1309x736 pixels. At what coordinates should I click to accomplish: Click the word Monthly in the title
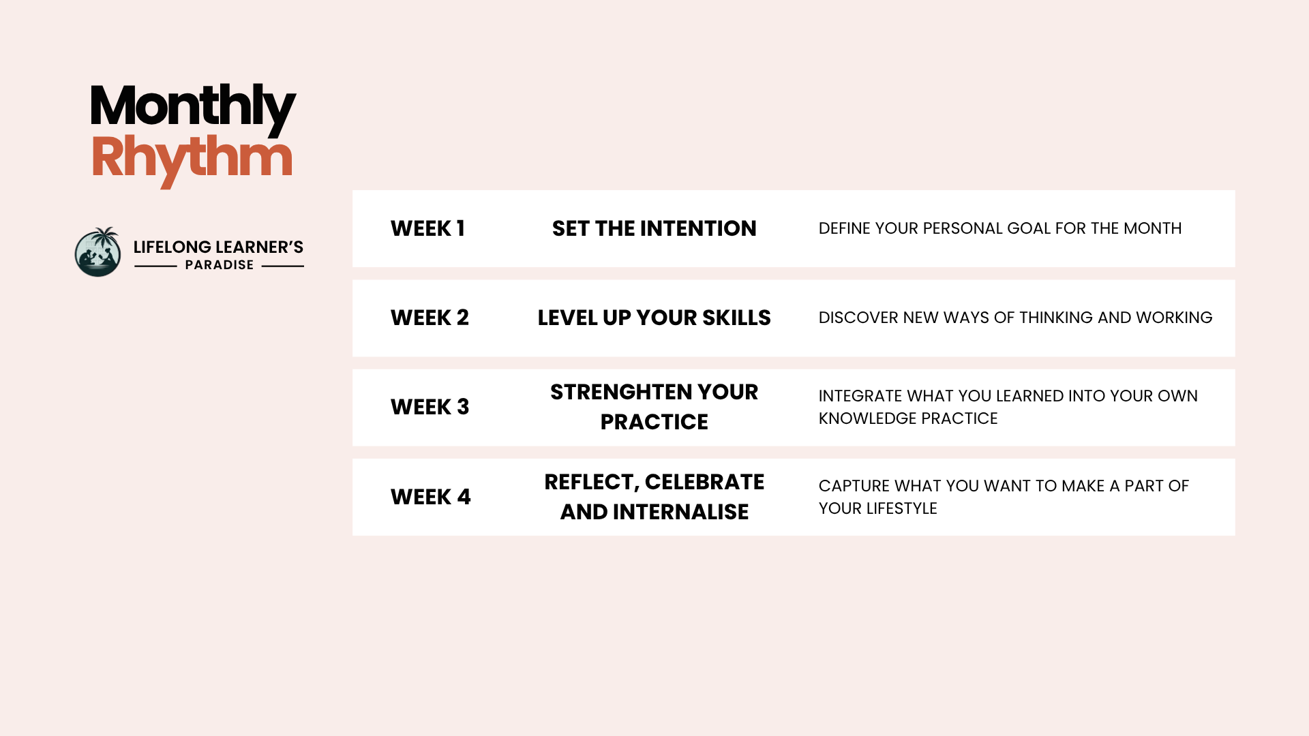pyautogui.click(x=193, y=108)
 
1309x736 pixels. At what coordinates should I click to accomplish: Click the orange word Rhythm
pyautogui.click(x=192, y=159)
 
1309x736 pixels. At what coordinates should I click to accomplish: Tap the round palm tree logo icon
pyautogui.click(x=98, y=251)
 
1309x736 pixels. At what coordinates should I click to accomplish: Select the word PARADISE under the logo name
pyautogui.click(x=220, y=265)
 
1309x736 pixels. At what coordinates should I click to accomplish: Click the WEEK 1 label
pyautogui.click(x=427, y=228)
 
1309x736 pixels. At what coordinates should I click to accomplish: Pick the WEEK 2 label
pyautogui.click(x=430, y=318)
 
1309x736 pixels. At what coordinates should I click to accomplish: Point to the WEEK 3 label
pyautogui.click(x=430, y=407)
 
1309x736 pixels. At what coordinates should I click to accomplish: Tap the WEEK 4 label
pyautogui.click(x=430, y=497)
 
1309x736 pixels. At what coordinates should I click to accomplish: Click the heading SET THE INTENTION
pyautogui.click(x=654, y=228)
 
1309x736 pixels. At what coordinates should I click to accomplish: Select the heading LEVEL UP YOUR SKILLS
pyautogui.click(x=654, y=318)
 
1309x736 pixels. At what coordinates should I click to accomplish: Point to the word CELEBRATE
pyautogui.click(x=704, y=482)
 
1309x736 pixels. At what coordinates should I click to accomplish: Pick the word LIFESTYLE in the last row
pyautogui.click(x=901, y=508)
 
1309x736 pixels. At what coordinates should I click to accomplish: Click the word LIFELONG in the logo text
pyautogui.click(x=172, y=247)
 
